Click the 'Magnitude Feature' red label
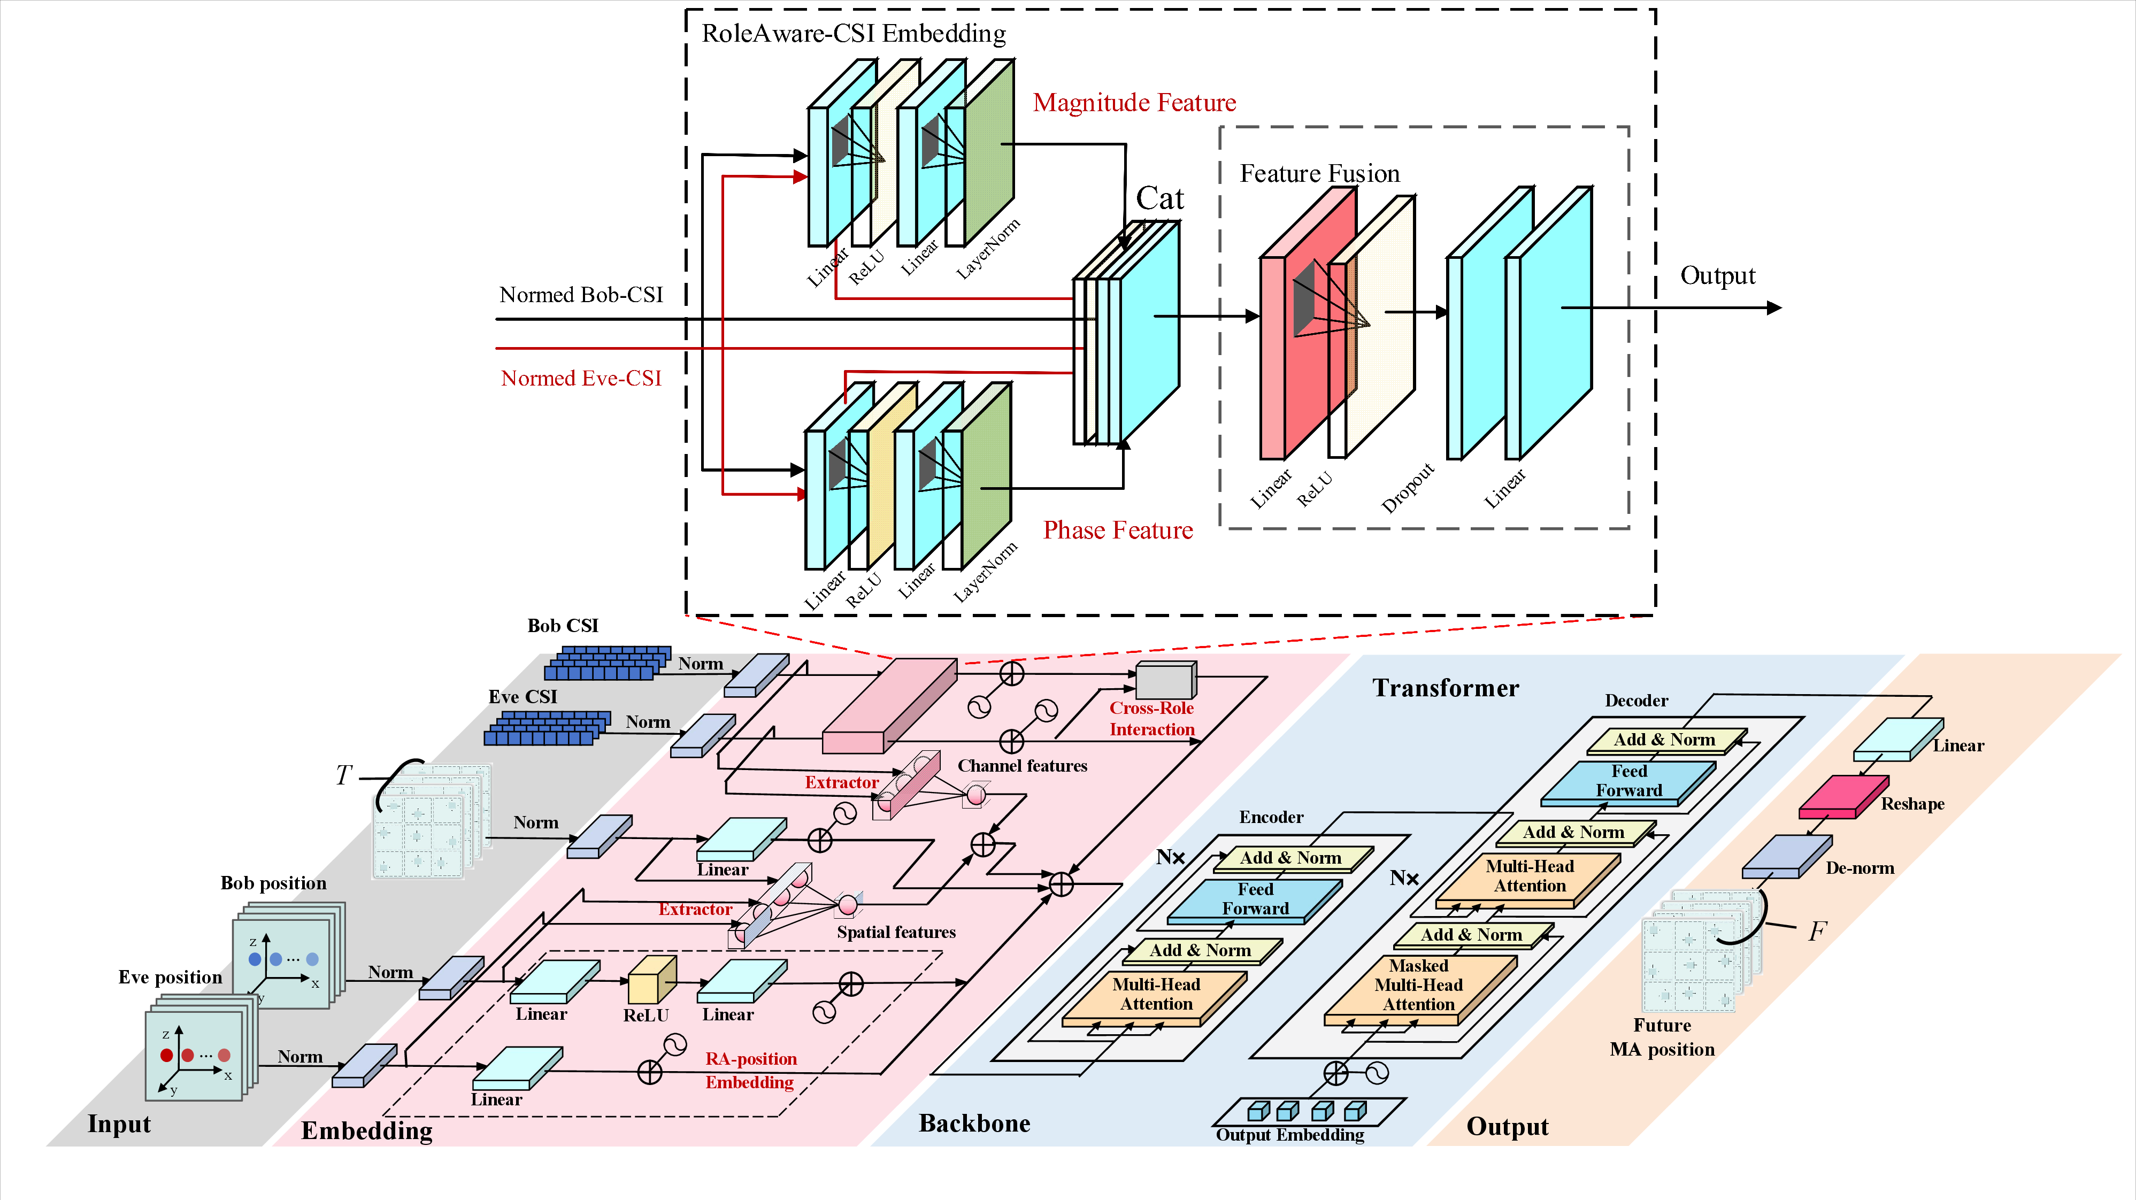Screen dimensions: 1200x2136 pos(1133,103)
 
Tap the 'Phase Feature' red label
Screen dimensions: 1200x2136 pos(1117,530)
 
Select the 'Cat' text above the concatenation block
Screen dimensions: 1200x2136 pos(1159,198)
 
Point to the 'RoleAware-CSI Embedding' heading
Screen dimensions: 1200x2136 pos(853,33)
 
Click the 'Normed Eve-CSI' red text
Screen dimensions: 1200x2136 pos(580,378)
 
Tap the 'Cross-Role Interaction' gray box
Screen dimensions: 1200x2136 pos(1164,680)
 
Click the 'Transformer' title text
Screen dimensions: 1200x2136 pos(1445,688)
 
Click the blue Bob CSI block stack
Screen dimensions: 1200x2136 pos(607,664)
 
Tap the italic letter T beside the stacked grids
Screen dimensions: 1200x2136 pos(343,775)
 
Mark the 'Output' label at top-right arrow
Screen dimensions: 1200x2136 pos(1717,275)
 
